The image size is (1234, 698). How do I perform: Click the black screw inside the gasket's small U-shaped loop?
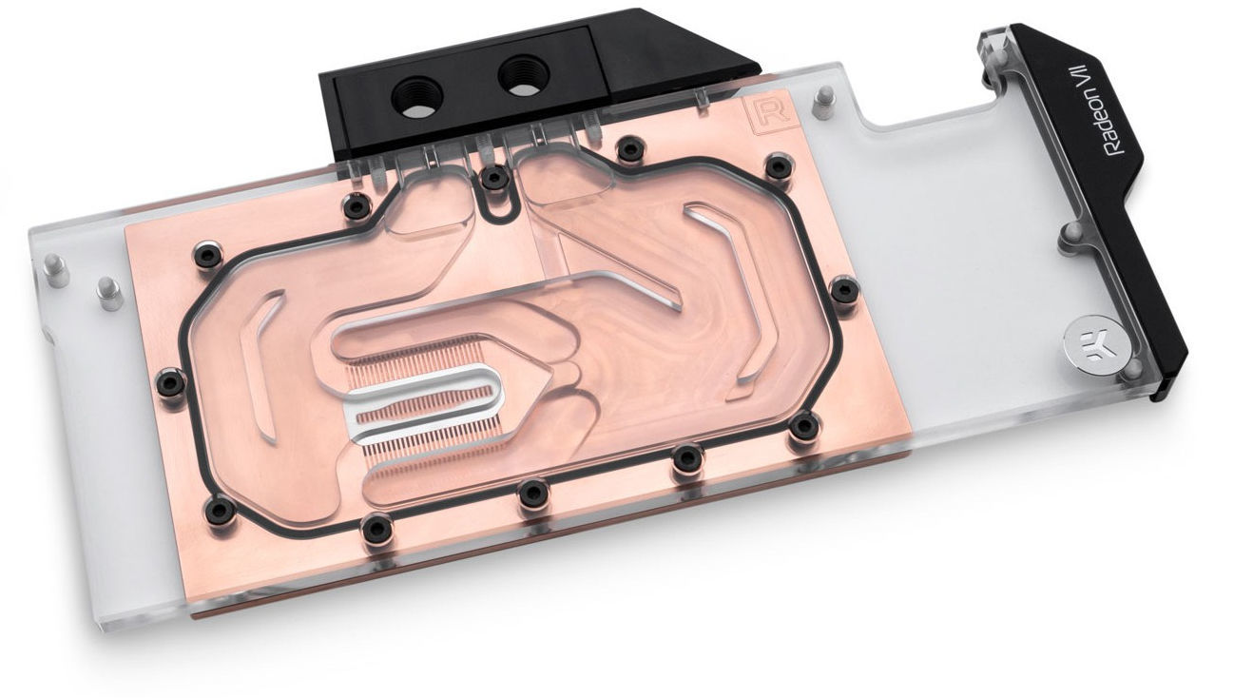(x=493, y=178)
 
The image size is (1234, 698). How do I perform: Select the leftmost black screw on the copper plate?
(x=171, y=381)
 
